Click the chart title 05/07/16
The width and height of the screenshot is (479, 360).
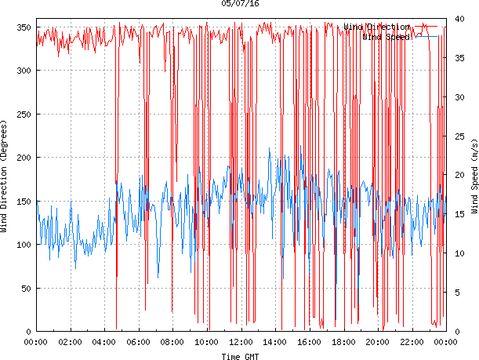pyautogui.click(x=240, y=4)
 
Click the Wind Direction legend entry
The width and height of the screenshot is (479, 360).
pyautogui.click(x=376, y=27)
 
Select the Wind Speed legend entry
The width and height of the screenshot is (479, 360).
pyautogui.click(x=386, y=37)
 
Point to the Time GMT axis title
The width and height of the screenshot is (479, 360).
pyautogui.click(x=241, y=356)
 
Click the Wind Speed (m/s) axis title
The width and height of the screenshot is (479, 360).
pyautogui.click(x=474, y=179)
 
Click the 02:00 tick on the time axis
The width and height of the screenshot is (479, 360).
pyautogui.click(x=71, y=342)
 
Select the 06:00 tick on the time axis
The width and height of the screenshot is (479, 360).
pyautogui.click(x=139, y=342)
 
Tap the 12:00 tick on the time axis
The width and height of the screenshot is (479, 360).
pyautogui.click(x=241, y=342)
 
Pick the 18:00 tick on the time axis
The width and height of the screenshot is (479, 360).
pyautogui.click(x=343, y=342)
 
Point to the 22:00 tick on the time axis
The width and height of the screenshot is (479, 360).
pyautogui.click(x=412, y=342)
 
